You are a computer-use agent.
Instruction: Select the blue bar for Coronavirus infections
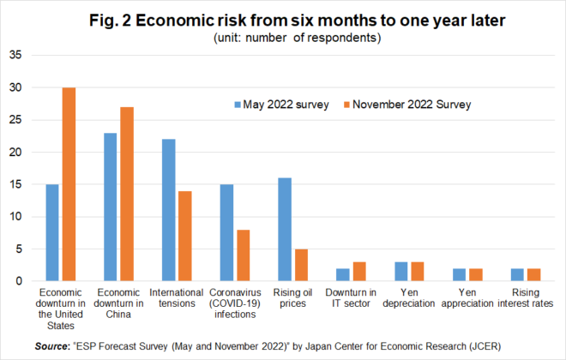click(227, 232)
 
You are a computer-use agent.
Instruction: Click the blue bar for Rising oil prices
click(285, 230)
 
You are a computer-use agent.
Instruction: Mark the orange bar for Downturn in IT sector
click(360, 272)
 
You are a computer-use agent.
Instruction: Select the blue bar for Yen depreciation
click(400, 272)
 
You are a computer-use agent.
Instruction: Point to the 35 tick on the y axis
click(15, 56)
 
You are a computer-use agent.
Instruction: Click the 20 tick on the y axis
click(15, 152)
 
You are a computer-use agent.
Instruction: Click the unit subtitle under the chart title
click(283, 38)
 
